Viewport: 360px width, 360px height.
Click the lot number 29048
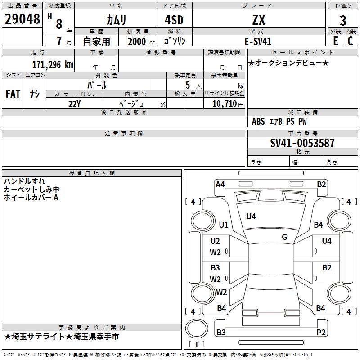[x=22, y=19]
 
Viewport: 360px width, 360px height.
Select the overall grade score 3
[x=343, y=21]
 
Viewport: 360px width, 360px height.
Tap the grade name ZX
[x=259, y=20]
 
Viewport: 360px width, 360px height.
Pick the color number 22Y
[x=74, y=103]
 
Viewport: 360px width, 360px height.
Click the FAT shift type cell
[x=13, y=94]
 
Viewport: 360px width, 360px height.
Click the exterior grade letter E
[x=335, y=41]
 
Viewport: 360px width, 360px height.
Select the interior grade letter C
[x=350, y=41]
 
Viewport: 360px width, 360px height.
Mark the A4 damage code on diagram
[x=220, y=184]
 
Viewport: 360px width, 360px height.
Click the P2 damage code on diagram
[x=321, y=333]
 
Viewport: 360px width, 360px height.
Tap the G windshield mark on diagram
[x=284, y=237]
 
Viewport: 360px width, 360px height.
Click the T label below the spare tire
[x=196, y=345]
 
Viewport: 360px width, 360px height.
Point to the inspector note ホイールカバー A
[x=31, y=198]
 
